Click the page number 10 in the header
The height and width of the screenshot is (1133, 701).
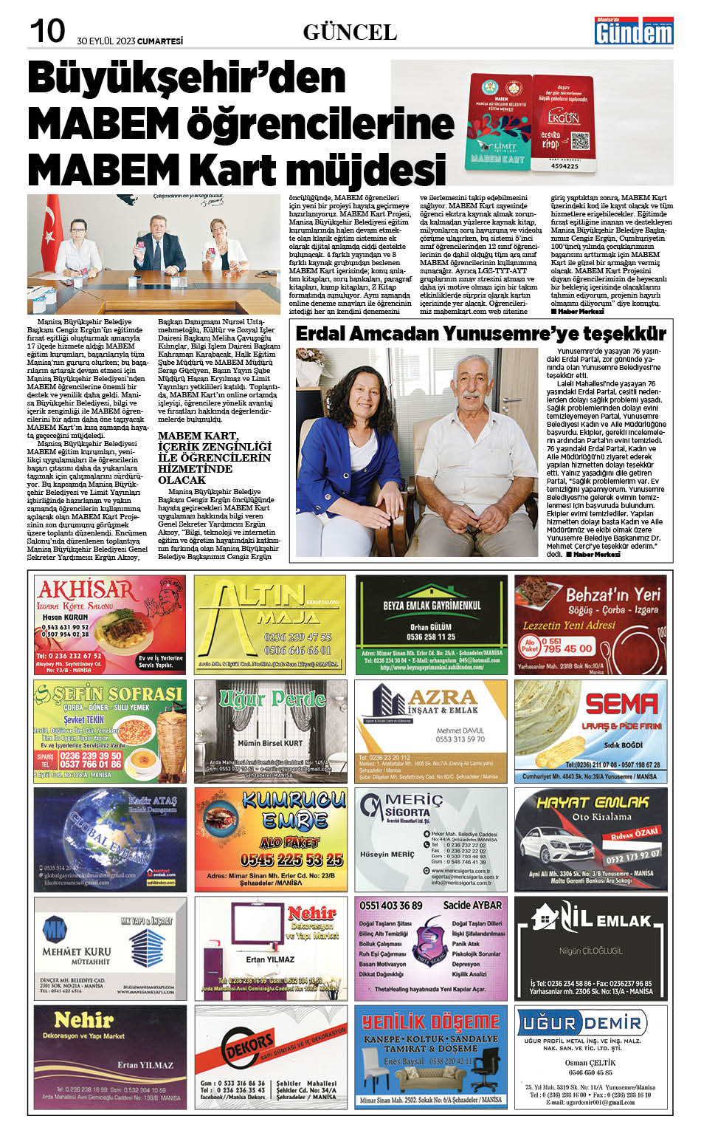pyautogui.click(x=47, y=31)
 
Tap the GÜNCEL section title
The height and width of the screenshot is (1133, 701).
pyautogui.click(x=350, y=32)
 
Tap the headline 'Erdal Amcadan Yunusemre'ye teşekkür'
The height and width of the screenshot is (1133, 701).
pyautogui.click(x=480, y=334)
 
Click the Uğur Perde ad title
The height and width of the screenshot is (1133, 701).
pyautogui.click(x=272, y=698)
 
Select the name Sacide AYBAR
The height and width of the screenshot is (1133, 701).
pyautogui.click(x=472, y=905)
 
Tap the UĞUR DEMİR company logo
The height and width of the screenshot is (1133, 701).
pyautogui.click(x=581, y=1023)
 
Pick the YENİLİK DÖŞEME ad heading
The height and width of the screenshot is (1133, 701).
pyautogui.click(x=431, y=1022)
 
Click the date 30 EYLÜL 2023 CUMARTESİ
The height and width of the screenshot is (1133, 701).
pyautogui.click(x=129, y=41)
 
